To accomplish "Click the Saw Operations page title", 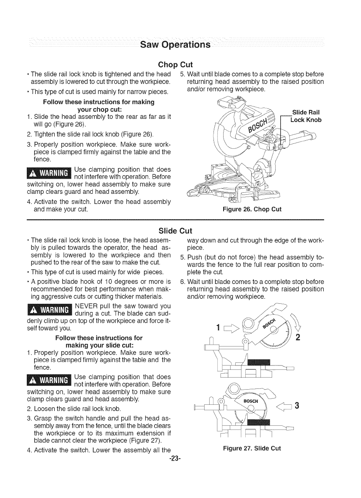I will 175,44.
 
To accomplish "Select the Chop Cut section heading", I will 175,64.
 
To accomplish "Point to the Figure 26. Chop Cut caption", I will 252,209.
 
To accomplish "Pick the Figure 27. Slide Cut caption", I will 252,448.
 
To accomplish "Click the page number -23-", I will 175,458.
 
